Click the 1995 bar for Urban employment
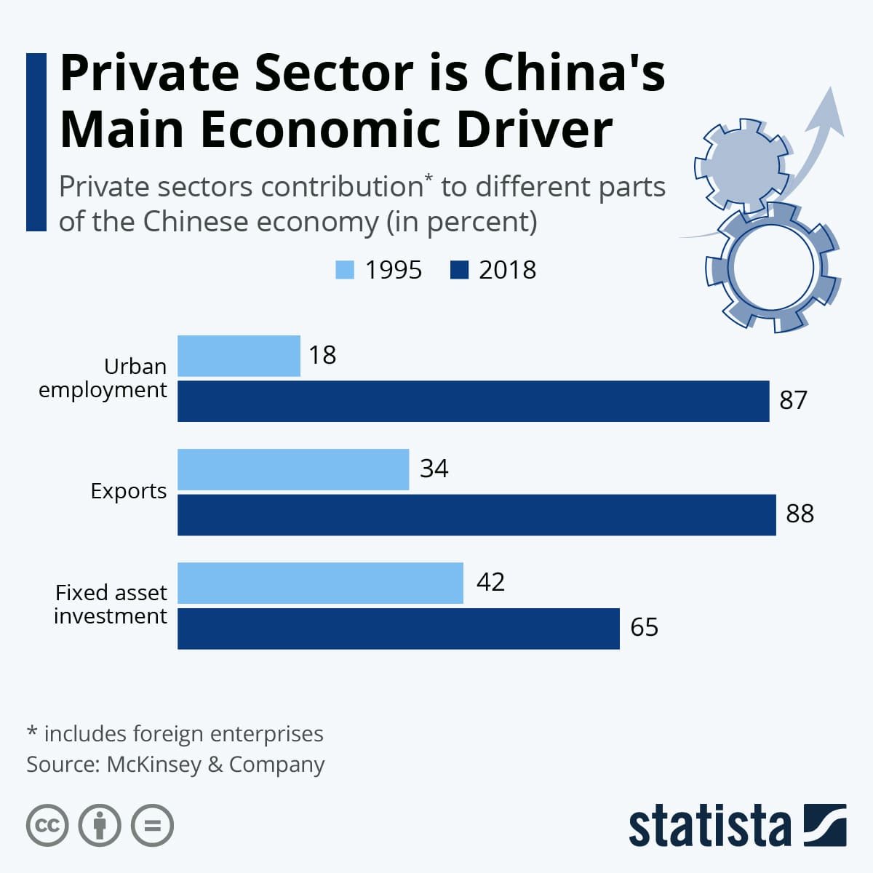pyautogui.click(x=239, y=356)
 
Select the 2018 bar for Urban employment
pyautogui.click(x=473, y=401)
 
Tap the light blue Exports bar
pyautogui.click(x=293, y=469)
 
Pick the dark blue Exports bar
pyautogui.click(x=477, y=515)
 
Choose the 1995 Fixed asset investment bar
pyautogui.click(x=320, y=583)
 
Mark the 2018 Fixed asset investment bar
pyautogui.click(x=398, y=629)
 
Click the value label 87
pyautogui.click(x=793, y=400)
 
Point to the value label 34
pyautogui.click(x=434, y=469)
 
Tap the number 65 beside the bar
pyautogui.click(x=644, y=627)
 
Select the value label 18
pyautogui.click(x=322, y=355)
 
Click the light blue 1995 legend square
pyautogui.click(x=345, y=270)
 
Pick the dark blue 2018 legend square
pyautogui.click(x=460, y=270)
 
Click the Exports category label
pyautogui.click(x=129, y=491)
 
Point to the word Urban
pyautogui.click(x=135, y=366)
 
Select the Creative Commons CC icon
pyautogui.click(x=47, y=825)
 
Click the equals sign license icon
pyautogui.click(x=152, y=825)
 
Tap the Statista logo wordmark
pyautogui.click(x=709, y=826)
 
